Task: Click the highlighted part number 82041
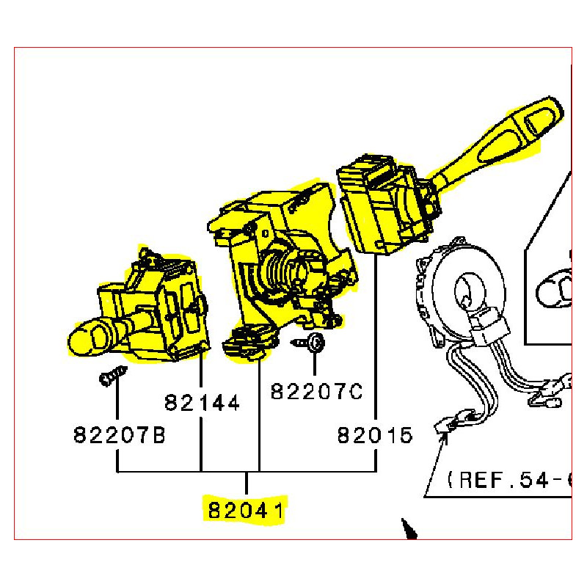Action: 246,510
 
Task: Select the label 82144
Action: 202,403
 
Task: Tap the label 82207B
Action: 119,434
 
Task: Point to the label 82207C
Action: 317,392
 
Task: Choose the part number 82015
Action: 375,435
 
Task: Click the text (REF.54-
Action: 509,480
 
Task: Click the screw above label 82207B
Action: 113,376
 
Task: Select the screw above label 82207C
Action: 309,342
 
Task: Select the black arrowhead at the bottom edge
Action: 409,528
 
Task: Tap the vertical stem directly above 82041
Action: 246,484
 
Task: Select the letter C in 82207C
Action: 355,392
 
